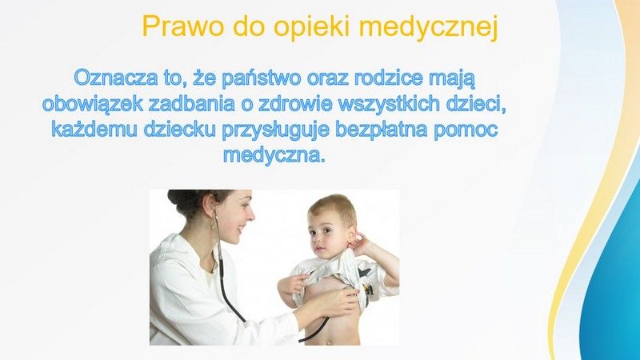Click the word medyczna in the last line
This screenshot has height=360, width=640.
[x=274, y=155]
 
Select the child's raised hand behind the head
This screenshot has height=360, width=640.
[x=362, y=243]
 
